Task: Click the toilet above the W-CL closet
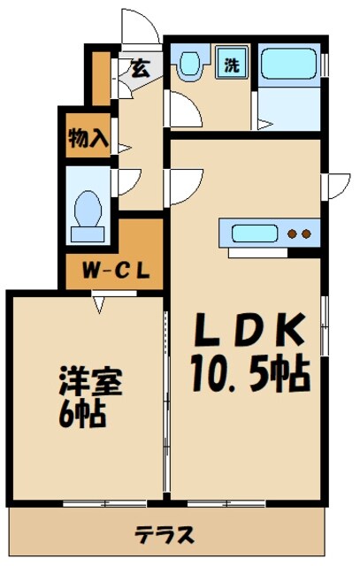(x=88, y=213)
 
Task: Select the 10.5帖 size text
(x=249, y=375)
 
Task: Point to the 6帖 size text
(x=84, y=413)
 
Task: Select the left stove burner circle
(x=293, y=234)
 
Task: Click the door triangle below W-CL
(x=99, y=303)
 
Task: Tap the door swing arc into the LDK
(x=183, y=188)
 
